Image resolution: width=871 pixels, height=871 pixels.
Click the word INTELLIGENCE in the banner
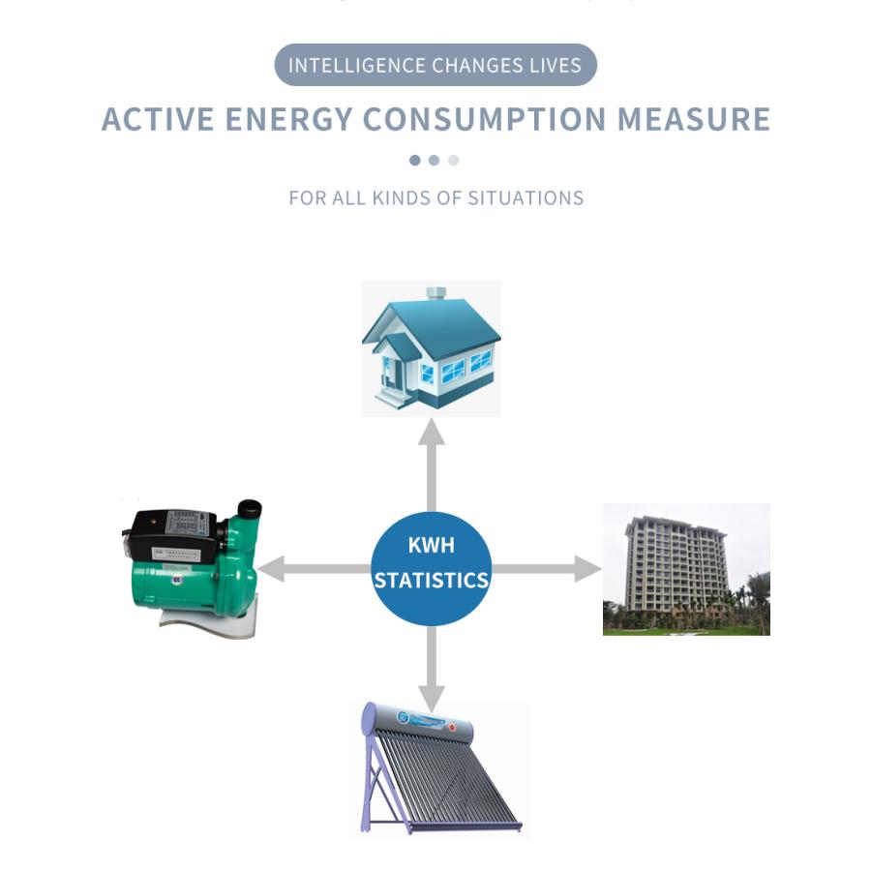[x=356, y=66]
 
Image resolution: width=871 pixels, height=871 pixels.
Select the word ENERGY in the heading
[x=288, y=119]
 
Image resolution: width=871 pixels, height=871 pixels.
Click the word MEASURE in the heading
[x=694, y=119]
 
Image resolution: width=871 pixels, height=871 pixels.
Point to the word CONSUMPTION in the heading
[x=485, y=119]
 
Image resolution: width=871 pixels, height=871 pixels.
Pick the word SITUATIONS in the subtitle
[x=526, y=197]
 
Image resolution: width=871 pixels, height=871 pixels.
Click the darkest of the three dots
[x=415, y=161]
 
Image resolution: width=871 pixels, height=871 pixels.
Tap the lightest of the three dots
[x=454, y=161]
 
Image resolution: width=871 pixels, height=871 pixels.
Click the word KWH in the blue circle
[x=432, y=545]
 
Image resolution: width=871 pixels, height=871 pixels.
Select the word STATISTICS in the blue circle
[x=432, y=581]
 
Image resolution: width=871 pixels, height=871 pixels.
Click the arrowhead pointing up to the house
[x=432, y=433]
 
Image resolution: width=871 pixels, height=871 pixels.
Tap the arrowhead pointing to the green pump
[x=271, y=569]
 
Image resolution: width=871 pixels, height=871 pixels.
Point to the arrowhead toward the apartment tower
[x=587, y=569]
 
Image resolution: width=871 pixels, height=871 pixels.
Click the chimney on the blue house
[x=436, y=294]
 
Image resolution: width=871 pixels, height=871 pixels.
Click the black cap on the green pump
[x=250, y=509]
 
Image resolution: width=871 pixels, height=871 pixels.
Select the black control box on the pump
[x=172, y=534]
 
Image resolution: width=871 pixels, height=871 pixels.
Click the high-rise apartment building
[x=675, y=565]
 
